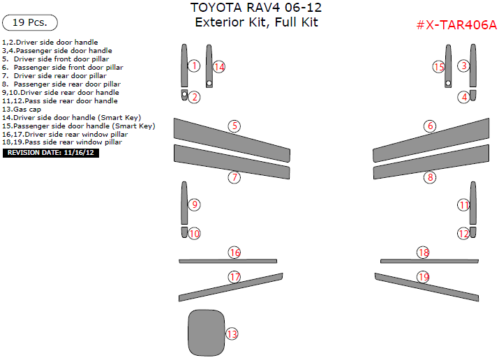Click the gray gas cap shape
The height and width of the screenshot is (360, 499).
click(x=206, y=333)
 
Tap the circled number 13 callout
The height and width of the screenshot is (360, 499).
click(x=232, y=334)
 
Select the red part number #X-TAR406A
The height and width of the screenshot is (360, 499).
click(x=456, y=24)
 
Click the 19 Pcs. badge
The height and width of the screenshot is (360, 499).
click(x=30, y=22)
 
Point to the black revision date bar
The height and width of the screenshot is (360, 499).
click(x=51, y=153)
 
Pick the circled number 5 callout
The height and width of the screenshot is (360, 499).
click(x=234, y=126)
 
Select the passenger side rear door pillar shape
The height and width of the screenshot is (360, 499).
click(x=431, y=162)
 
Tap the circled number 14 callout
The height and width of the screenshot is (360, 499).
click(x=219, y=67)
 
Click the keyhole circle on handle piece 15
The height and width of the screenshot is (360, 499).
click(x=448, y=83)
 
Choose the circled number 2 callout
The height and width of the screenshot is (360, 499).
click(x=195, y=97)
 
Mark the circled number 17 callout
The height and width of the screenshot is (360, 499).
click(x=234, y=277)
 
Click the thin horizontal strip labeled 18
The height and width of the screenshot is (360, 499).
click(x=429, y=262)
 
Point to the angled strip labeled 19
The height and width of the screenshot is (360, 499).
click(x=426, y=287)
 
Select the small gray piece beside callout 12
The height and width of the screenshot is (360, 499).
click(x=473, y=232)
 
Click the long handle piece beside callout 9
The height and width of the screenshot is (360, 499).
click(x=184, y=203)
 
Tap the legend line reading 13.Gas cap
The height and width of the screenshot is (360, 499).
click(x=22, y=110)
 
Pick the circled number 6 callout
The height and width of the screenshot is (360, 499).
click(x=430, y=126)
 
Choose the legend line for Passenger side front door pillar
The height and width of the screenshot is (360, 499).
click(x=63, y=68)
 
